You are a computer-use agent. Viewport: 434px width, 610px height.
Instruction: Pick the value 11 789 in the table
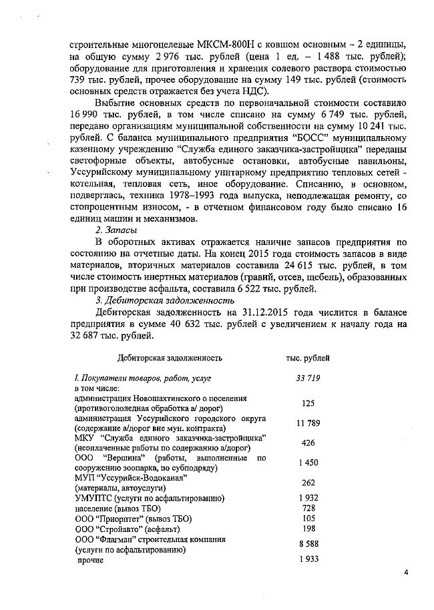coord(308,422)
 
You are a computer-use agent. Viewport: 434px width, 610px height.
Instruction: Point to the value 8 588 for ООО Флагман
coord(308,544)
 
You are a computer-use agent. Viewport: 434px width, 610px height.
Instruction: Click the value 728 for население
coord(308,508)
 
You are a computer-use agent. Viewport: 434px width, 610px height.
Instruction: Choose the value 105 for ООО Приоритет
coord(308,519)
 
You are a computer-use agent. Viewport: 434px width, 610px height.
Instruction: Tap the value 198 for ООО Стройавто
coord(308,529)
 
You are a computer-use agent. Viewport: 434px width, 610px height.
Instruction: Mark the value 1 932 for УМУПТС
coord(308,498)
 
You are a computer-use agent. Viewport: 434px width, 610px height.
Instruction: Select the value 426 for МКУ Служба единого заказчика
coord(308,442)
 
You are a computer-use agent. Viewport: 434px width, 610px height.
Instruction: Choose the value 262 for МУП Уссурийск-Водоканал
coord(308,483)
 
